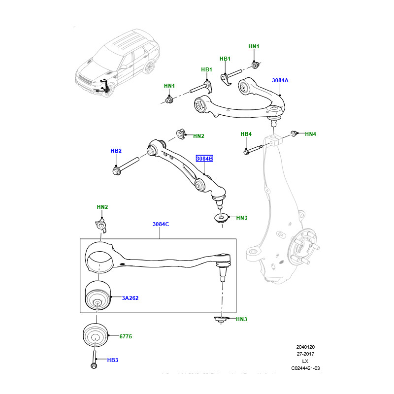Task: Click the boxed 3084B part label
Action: [x=204, y=159]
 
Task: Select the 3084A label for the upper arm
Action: [x=280, y=80]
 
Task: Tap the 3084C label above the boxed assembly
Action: [x=161, y=225]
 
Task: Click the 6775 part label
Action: [x=126, y=336]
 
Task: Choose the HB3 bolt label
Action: [x=112, y=361]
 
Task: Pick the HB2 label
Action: [x=116, y=151]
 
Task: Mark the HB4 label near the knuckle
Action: [x=246, y=134]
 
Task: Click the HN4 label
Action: [x=310, y=134]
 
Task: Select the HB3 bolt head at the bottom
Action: [x=94, y=365]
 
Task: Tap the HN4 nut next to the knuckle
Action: [x=294, y=133]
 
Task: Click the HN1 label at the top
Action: [x=254, y=47]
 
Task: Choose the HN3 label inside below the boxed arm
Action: [x=241, y=320]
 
